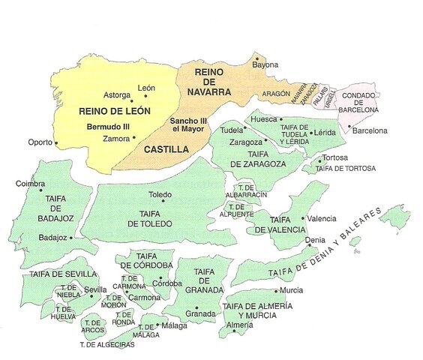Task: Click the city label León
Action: click(147, 88)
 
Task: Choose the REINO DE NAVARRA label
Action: click(212, 81)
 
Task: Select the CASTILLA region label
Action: click(166, 149)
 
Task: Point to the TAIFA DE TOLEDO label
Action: click(155, 218)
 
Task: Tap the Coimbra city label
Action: click(31, 183)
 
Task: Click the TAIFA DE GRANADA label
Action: click(205, 280)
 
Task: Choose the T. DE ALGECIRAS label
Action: click(107, 345)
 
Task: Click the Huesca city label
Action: click(265, 118)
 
